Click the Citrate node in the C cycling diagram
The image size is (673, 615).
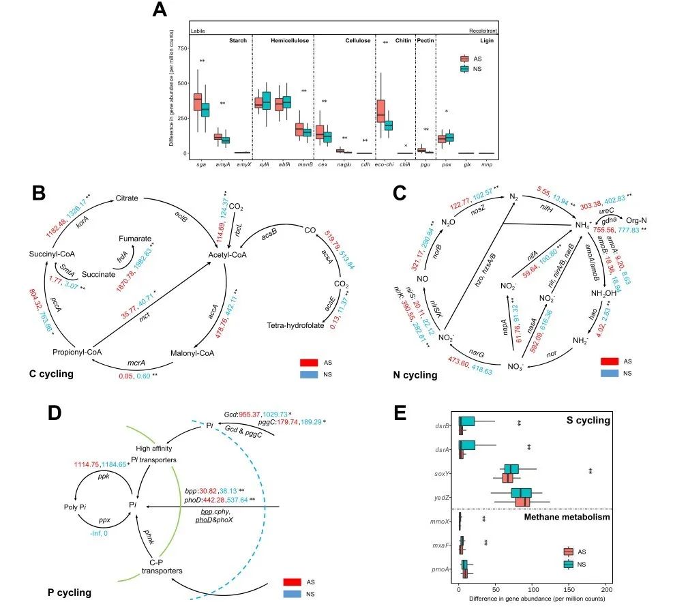(127, 198)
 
